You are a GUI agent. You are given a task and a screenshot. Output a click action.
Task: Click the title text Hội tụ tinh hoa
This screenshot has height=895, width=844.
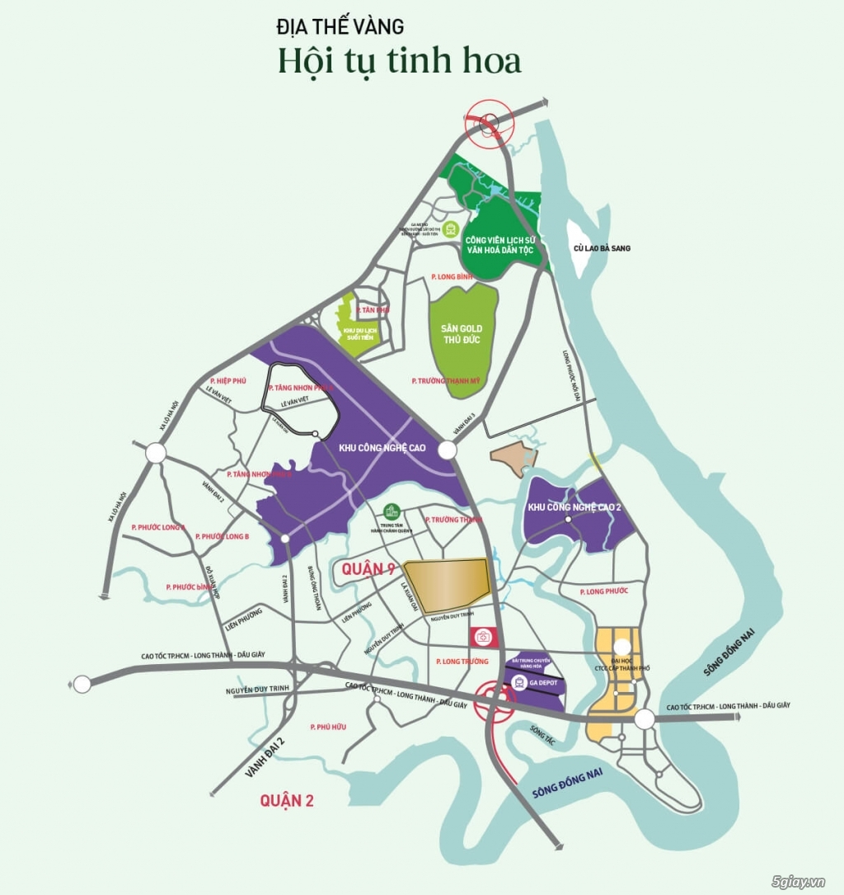[400, 60]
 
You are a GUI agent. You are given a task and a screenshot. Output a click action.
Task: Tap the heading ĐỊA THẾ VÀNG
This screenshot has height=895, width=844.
[340, 26]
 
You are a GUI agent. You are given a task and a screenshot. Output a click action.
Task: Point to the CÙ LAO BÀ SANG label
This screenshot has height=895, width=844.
[602, 247]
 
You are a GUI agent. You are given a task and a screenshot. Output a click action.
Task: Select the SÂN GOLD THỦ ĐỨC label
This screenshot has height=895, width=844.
[462, 335]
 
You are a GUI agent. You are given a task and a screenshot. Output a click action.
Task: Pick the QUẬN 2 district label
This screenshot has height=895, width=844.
[287, 799]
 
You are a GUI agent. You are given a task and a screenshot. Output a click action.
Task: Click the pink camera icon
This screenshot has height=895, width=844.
[483, 637]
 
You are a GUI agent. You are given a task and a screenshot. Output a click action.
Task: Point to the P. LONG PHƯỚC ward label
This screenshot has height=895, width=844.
[603, 591]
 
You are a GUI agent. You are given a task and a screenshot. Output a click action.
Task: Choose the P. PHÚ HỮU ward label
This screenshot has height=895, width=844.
[326, 726]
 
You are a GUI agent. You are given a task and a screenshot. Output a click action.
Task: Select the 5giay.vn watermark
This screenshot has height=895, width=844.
[795, 881]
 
